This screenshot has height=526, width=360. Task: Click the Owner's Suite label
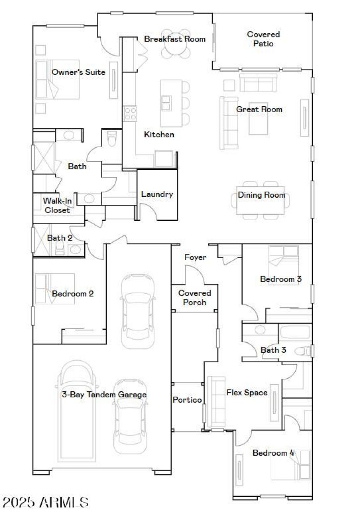78,72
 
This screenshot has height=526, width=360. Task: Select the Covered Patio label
263,39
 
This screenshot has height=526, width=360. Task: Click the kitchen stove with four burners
130,113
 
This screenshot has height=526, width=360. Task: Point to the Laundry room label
157,195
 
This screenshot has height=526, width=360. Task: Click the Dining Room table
261,200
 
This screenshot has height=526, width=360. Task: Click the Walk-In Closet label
57,205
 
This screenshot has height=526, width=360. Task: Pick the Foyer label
195,258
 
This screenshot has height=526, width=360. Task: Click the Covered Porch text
194,298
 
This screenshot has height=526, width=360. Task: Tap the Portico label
187,400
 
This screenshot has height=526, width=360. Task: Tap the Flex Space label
247,393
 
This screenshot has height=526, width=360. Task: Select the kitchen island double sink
166,103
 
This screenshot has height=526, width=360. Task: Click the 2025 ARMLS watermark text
45,502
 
